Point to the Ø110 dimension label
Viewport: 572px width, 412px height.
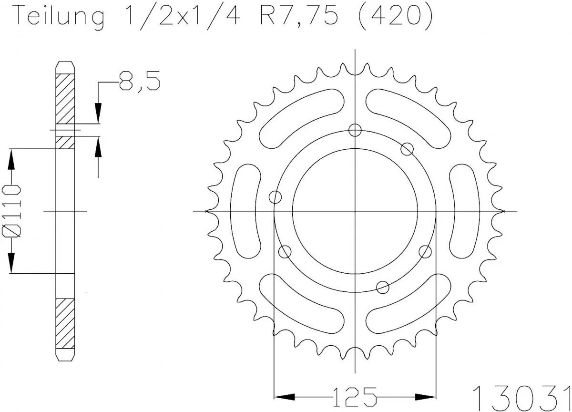[13, 210]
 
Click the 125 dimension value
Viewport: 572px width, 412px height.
[355, 396]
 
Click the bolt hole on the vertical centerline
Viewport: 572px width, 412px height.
[355, 130]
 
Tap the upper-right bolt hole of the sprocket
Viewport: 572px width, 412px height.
[407, 149]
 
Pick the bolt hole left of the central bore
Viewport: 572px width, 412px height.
[276, 196]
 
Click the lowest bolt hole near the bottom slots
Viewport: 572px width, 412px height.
[382, 287]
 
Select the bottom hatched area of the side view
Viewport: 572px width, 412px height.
[65, 324]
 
